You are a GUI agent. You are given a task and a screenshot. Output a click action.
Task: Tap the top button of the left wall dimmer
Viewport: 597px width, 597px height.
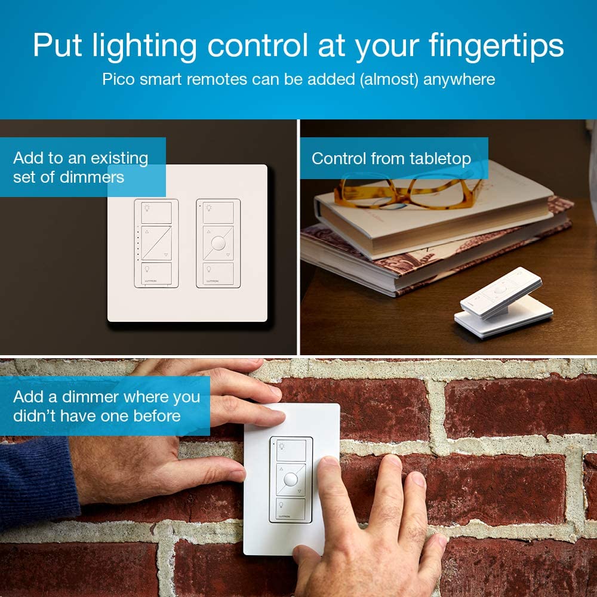pyautogui.click(x=156, y=211)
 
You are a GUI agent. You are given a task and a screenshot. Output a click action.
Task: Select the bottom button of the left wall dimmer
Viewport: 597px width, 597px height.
pyautogui.click(x=156, y=273)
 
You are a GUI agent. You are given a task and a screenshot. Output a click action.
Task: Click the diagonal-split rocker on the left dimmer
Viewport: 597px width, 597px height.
pyautogui.click(x=156, y=242)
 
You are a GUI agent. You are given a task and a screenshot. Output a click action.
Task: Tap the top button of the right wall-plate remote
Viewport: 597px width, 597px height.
pyautogui.click(x=219, y=212)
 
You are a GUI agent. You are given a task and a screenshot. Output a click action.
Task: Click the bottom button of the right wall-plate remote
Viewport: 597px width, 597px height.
pyautogui.click(x=219, y=273)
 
